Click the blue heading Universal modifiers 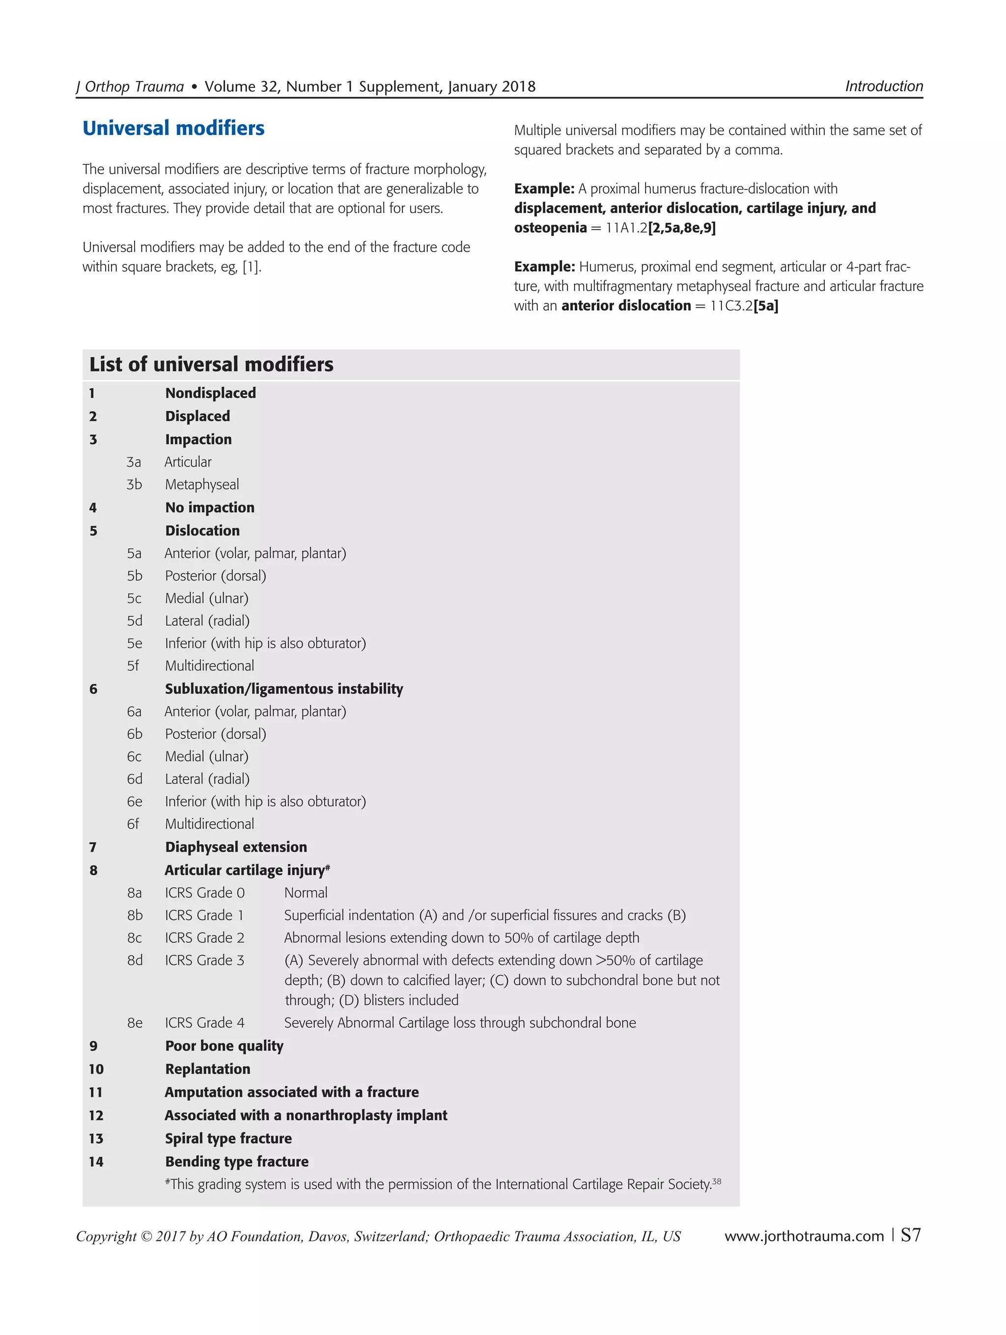pos(173,129)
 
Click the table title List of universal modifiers pos(211,365)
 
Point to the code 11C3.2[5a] pos(744,306)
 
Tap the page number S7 pos(911,1235)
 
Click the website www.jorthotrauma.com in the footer pos(804,1236)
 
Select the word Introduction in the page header pos(883,86)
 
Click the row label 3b pos(134,484)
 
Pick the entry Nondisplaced pos(210,393)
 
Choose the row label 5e pos(134,643)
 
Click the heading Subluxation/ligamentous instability pos(284,689)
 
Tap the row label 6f pos(133,824)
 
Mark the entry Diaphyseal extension pos(235,847)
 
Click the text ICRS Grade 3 pos(204,960)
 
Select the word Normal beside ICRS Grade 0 pos(306,893)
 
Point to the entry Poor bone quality pos(224,1046)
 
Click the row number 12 pos(96,1115)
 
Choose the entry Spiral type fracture pos(228,1138)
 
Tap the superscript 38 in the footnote pos(717,1181)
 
